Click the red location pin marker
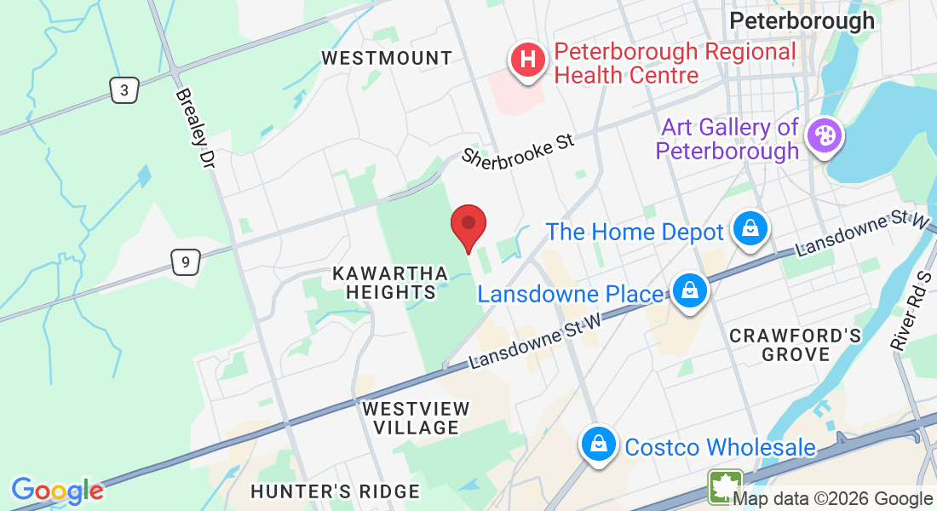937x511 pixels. click(468, 225)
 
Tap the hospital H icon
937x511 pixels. click(527, 61)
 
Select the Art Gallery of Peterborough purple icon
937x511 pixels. click(825, 135)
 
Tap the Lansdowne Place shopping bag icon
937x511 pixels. click(689, 291)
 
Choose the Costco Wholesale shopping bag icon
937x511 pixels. click(600, 444)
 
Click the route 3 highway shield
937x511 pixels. click(124, 89)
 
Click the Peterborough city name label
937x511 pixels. click(802, 20)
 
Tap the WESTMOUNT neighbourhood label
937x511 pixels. click(387, 58)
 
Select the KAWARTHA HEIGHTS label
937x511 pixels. click(390, 283)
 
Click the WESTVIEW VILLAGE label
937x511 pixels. click(416, 417)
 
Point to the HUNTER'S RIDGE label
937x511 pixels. click(335, 491)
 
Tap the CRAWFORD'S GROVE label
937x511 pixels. click(796, 344)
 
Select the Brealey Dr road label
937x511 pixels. click(197, 128)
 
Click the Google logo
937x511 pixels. click(57, 491)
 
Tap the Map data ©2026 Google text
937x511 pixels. click(832, 499)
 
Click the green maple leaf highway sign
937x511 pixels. click(724, 486)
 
